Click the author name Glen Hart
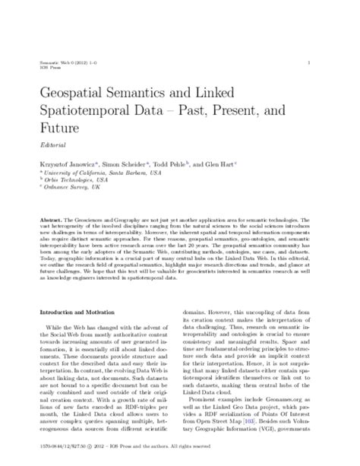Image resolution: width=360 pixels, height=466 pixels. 226,164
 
